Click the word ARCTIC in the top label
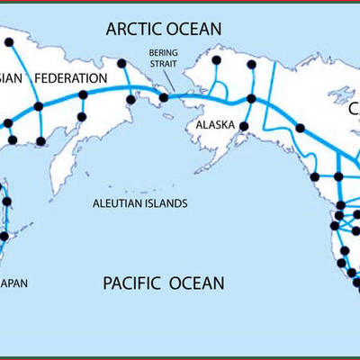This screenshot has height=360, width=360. (133, 29)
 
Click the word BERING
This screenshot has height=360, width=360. (163, 54)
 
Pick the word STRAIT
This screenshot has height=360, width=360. (163, 65)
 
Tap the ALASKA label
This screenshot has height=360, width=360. (216, 126)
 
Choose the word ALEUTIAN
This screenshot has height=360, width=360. (123, 204)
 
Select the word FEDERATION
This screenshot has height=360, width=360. (73, 77)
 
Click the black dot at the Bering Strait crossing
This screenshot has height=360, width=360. (164, 98)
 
